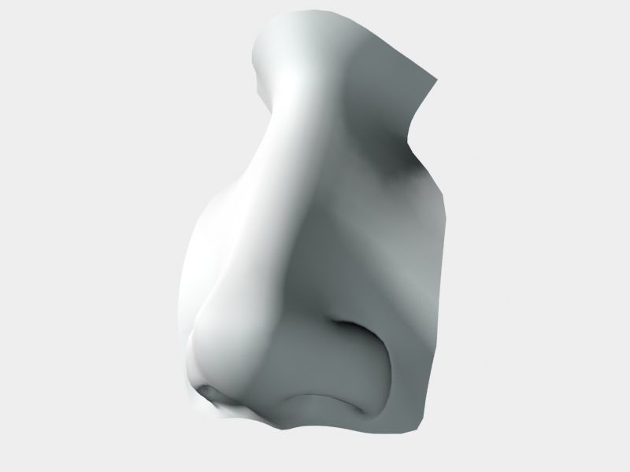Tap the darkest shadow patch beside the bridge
point(394,169)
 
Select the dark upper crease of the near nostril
point(346,324)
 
